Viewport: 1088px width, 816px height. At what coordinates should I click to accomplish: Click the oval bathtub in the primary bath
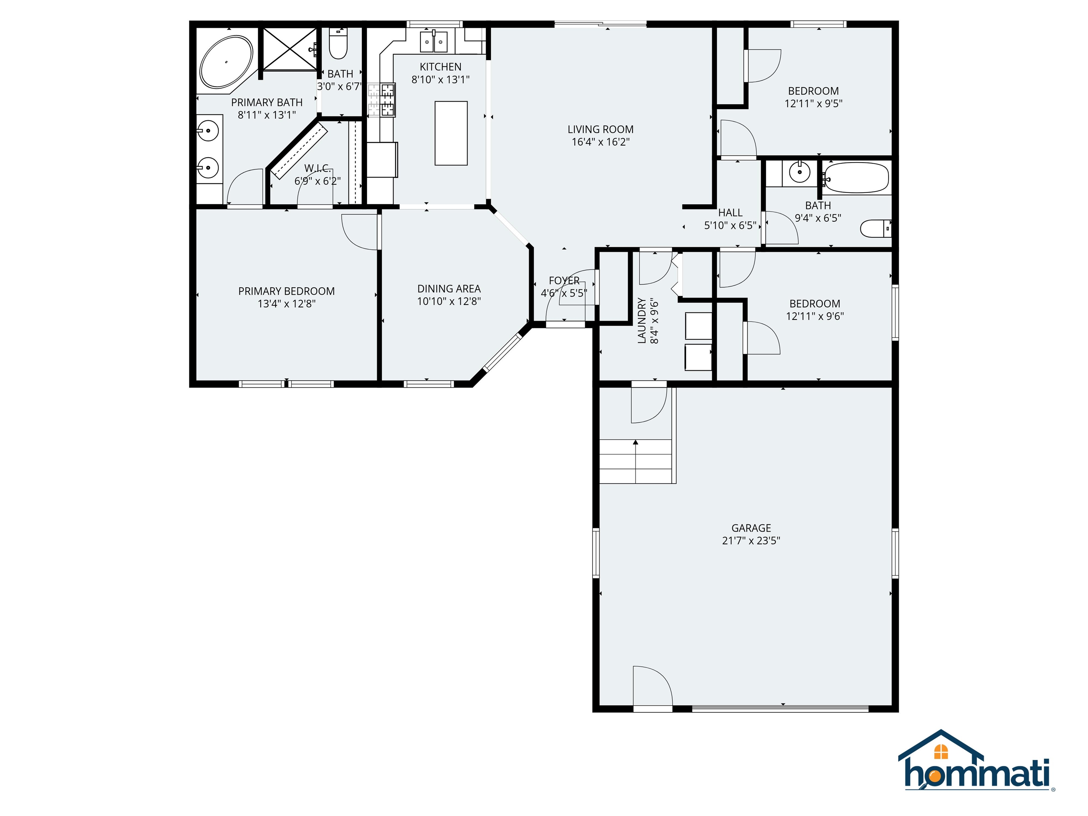click(226, 62)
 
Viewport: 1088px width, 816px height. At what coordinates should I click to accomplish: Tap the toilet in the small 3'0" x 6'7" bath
click(338, 46)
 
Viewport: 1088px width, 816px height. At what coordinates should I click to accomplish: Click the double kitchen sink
click(433, 42)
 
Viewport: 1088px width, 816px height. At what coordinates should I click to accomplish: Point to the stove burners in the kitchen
click(388, 100)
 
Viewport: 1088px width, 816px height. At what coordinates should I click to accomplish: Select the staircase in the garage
click(635, 461)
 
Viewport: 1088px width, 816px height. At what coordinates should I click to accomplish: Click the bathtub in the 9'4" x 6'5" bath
click(856, 177)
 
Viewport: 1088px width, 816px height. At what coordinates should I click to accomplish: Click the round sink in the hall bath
click(799, 172)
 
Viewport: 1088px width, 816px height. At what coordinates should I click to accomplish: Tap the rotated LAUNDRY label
click(641, 320)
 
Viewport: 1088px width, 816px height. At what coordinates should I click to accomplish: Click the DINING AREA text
click(449, 289)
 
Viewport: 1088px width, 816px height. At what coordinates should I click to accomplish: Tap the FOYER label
click(564, 280)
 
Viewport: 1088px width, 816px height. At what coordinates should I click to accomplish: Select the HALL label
click(730, 212)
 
